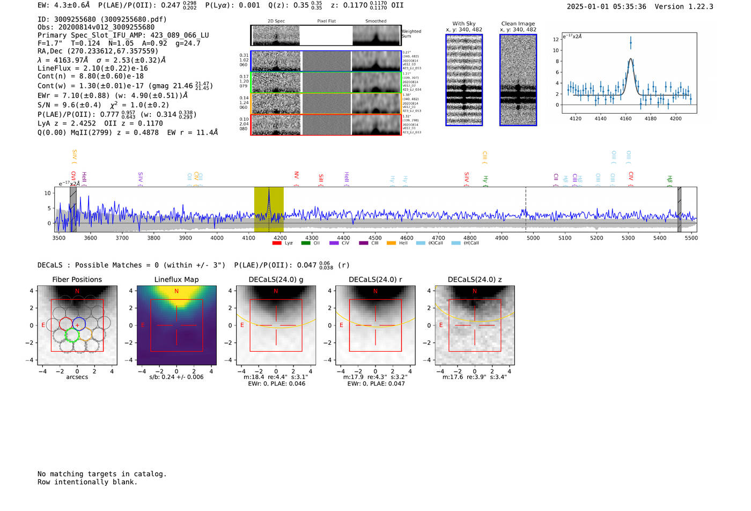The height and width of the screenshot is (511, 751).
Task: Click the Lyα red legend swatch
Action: [277, 243]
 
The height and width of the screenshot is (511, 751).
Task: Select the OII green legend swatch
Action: [305, 243]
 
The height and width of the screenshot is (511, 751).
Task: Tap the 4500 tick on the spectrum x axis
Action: [375, 238]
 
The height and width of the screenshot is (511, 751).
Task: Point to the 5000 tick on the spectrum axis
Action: [533, 238]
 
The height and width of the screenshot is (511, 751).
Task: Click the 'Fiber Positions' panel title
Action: [77, 279]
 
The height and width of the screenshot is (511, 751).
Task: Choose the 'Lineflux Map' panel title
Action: [176, 279]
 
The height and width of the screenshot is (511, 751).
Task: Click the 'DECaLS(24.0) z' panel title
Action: [475, 279]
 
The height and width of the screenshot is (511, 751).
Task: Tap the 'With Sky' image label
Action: [464, 24]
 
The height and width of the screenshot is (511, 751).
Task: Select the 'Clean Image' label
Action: [518, 24]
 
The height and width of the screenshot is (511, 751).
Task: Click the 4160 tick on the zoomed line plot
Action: [625, 119]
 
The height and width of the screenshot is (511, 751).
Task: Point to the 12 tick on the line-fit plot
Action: [556, 39]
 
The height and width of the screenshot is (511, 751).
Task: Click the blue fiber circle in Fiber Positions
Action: [79, 324]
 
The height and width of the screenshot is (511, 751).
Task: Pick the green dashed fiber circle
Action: [72, 336]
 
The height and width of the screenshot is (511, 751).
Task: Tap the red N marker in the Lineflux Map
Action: [176, 291]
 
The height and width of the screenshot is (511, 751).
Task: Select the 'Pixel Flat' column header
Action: [326, 21]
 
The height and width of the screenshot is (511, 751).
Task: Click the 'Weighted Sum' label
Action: [411, 34]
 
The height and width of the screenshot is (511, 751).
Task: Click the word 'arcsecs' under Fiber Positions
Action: [77, 377]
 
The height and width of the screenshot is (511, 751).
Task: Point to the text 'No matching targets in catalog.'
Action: [102, 474]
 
